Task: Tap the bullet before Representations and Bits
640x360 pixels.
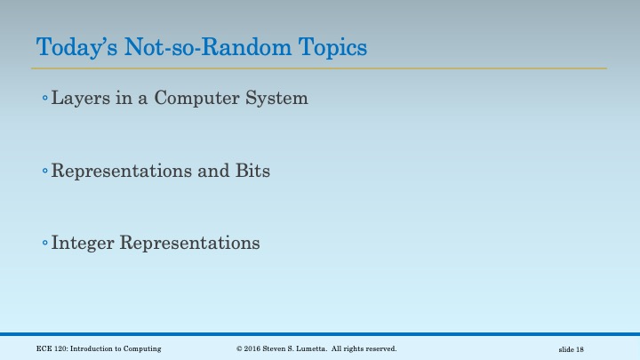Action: click(45, 171)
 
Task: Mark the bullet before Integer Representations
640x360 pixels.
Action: click(45, 243)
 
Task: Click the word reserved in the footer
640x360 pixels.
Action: click(380, 348)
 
